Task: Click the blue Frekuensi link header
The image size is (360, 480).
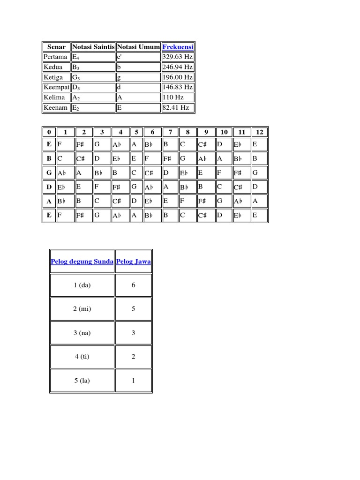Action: [178, 46]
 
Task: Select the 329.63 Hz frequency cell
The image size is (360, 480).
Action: [178, 57]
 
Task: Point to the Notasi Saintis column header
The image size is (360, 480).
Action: [93, 46]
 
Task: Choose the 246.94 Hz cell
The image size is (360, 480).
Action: [178, 67]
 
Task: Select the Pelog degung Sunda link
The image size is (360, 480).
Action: [82, 262]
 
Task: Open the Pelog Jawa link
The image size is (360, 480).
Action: [133, 262]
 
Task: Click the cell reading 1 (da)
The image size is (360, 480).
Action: [82, 285]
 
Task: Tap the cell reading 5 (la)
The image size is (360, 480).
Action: [82, 381]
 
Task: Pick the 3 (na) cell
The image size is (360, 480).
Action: [82, 333]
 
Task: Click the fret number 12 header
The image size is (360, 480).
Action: [260, 132]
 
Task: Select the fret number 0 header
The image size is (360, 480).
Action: [49, 132]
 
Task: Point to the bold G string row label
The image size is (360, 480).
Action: [49, 173]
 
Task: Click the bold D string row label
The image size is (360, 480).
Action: [49, 187]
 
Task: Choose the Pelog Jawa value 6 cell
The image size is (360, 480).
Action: [133, 285]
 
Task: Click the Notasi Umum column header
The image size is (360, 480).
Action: [138, 46]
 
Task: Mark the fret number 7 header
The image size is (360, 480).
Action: [170, 132]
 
